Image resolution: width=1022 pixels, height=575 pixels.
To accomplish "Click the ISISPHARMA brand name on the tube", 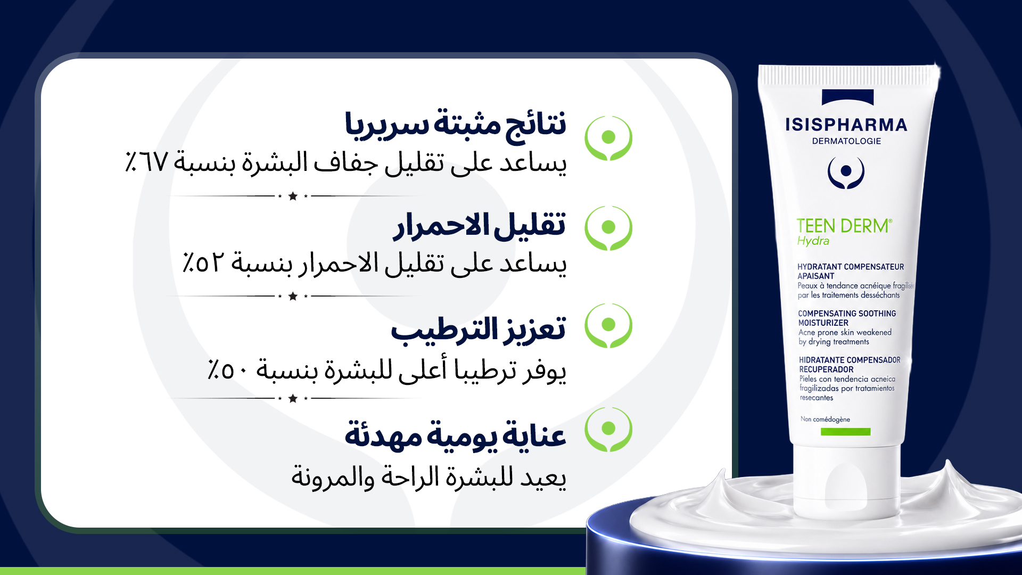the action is click(846, 125).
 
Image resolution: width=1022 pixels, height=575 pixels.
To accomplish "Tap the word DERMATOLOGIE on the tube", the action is click(846, 141).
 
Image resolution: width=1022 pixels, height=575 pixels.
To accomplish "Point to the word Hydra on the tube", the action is click(813, 241).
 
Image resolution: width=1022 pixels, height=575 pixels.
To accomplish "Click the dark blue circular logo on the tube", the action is click(846, 172).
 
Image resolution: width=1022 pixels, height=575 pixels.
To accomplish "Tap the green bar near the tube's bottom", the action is click(845, 432).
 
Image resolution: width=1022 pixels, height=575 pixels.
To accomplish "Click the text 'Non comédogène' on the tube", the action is click(825, 419).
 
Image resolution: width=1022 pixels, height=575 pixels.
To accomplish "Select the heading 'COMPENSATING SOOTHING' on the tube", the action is click(847, 314).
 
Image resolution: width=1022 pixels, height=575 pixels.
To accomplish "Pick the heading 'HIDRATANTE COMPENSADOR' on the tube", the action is click(850, 360).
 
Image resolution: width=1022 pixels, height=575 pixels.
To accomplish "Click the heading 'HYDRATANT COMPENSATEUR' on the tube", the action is click(851, 267).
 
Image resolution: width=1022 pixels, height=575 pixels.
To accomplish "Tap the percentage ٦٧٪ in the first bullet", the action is click(146, 161).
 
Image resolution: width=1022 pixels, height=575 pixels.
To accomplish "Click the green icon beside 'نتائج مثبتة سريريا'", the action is click(608, 138).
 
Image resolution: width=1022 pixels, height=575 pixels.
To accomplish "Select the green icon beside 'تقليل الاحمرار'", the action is click(608, 228).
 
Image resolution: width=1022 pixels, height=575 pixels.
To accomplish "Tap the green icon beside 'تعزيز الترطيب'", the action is click(608, 325).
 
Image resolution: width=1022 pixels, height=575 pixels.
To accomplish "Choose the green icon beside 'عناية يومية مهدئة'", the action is click(608, 429).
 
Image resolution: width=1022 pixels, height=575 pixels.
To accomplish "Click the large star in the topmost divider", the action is click(293, 196).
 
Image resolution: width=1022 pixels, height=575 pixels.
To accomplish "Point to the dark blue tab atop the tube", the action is click(848, 97).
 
